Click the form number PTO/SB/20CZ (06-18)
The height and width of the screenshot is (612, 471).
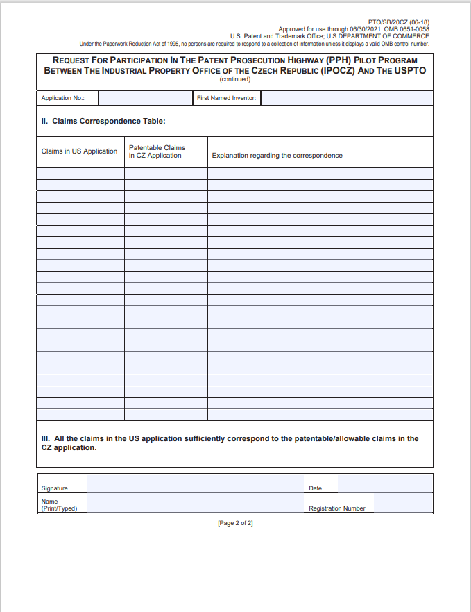click(400, 22)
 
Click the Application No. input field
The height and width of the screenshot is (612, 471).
click(146, 98)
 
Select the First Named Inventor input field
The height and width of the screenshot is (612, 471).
click(347, 98)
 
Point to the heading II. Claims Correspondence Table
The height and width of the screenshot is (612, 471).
click(103, 121)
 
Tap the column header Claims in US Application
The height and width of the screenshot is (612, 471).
click(79, 151)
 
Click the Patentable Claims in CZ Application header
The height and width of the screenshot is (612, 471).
click(157, 151)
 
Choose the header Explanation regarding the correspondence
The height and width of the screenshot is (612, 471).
click(277, 155)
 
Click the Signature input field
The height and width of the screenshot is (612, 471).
click(195, 483)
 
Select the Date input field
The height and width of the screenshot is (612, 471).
click(385, 483)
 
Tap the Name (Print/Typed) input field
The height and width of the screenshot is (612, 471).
click(195, 503)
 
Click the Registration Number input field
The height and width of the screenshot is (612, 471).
click(403, 503)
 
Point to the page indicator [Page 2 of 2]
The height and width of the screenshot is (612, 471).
click(235, 523)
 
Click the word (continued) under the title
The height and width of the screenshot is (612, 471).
click(235, 79)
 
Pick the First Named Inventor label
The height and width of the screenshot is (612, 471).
click(226, 98)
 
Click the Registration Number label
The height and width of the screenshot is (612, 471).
click(337, 508)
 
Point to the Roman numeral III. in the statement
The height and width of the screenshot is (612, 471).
click(46, 438)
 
